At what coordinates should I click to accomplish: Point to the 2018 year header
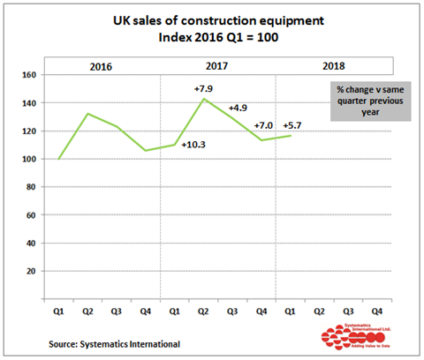pyautogui.click(x=334, y=66)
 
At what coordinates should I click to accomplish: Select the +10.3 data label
pyautogui.click(x=194, y=144)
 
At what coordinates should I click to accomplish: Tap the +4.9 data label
pyautogui.click(x=238, y=108)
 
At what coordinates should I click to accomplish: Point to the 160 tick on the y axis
pyautogui.click(x=27, y=76)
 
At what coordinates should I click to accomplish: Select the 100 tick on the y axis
pyautogui.click(x=27, y=160)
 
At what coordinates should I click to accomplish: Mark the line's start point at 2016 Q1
pyautogui.click(x=57, y=159)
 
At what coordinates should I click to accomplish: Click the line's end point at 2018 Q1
pyautogui.click(x=291, y=135)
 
